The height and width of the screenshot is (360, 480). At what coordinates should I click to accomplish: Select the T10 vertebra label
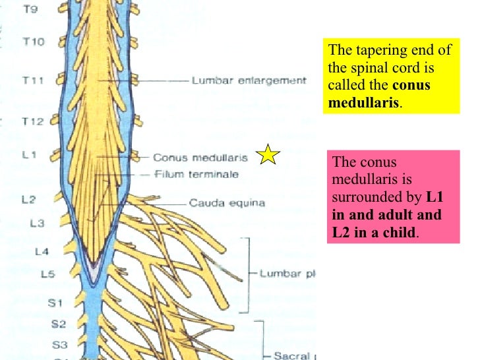point(34,42)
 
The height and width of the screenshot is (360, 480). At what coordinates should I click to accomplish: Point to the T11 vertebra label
point(33,81)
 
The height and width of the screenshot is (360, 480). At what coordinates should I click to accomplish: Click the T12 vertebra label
point(33,121)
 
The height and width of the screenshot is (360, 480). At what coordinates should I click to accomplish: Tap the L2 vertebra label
point(28,198)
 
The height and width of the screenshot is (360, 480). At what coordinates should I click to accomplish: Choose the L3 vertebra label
point(37,224)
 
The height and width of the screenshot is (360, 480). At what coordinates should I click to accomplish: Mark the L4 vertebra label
point(41,251)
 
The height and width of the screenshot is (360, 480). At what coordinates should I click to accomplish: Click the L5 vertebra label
point(47,274)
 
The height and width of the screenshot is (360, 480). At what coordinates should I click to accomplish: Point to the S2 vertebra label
point(59,324)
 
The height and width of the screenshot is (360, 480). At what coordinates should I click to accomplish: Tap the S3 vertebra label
point(61,344)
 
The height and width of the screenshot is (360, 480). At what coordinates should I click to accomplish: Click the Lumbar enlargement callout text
point(249,81)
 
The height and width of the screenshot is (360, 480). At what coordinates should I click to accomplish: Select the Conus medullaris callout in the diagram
point(200,158)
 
